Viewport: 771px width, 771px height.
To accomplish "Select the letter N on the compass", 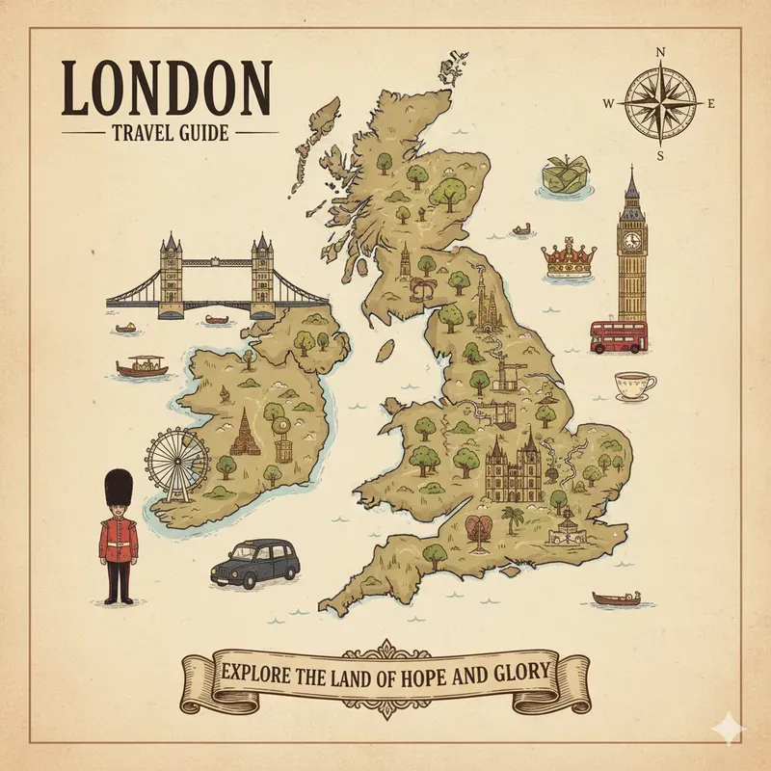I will pos(660,52).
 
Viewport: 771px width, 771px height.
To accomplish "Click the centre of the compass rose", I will pos(660,102).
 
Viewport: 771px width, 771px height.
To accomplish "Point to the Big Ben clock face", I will pos(632,240).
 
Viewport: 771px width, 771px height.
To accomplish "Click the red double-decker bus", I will pos(619,336).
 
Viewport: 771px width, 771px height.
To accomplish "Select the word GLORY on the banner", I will pos(513,672).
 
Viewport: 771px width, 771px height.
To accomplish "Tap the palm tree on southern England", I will pos(514,521).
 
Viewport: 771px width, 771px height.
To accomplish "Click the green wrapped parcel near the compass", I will pos(561,175).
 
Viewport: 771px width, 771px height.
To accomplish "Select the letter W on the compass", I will pos(609,103).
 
